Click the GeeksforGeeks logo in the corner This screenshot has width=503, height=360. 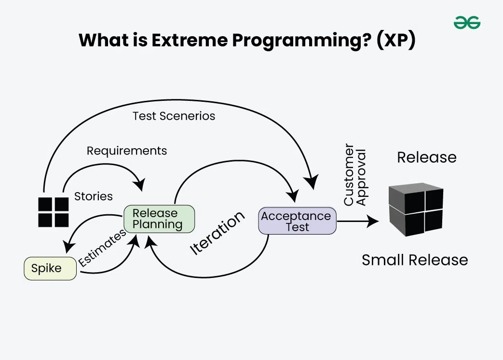click(x=467, y=23)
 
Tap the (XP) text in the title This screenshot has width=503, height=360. click(x=395, y=41)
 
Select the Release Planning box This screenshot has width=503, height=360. click(x=159, y=219)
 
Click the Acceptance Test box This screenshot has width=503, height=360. click(x=297, y=222)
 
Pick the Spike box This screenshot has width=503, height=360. click(x=50, y=269)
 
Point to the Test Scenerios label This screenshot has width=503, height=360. click(x=174, y=116)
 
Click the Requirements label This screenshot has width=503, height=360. click(x=127, y=151)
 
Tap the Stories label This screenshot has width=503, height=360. click(x=94, y=196)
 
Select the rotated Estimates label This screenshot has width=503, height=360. click(x=102, y=248)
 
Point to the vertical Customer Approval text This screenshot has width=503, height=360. click(x=355, y=175)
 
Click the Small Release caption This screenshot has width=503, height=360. click(x=415, y=260)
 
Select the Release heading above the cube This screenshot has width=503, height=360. click(x=426, y=157)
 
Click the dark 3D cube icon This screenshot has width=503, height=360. click(x=416, y=209)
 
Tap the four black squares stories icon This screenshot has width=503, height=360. click(x=54, y=212)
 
